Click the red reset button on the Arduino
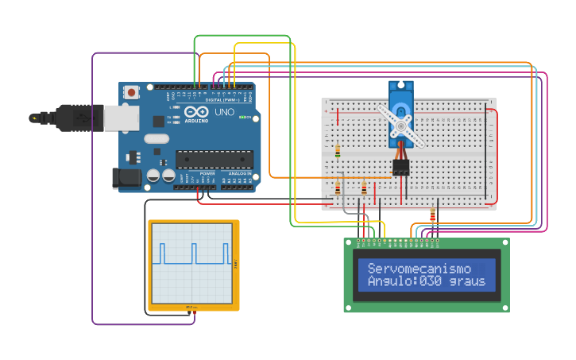[131, 92]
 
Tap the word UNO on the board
[225, 112]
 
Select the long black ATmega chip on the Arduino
[215, 159]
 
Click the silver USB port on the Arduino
[121, 118]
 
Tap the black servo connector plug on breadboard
[400, 167]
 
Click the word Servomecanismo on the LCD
[419, 269]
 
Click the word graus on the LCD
[467, 281]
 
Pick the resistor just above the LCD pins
[432, 215]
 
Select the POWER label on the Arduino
[207, 172]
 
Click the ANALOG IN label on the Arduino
[240, 172]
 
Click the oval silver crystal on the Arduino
[157, 140]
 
